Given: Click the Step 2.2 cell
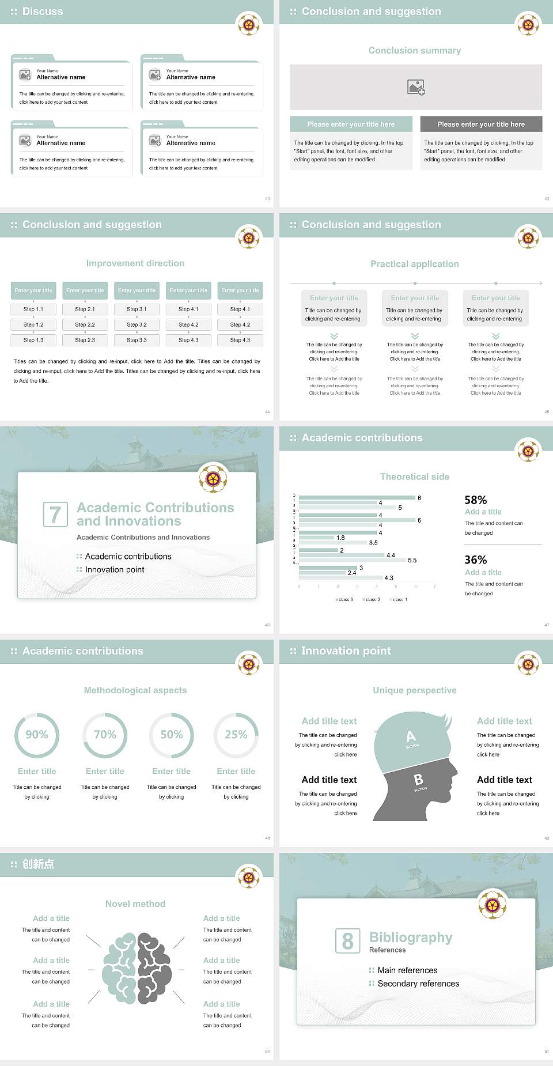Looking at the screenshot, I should click(x=85, y=325).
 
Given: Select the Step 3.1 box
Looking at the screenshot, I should click(x=137, y=309).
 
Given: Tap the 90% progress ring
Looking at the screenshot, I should click(x=37, y=735).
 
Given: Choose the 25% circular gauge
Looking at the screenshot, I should click(x=236, y=735).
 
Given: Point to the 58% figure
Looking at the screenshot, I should click(x=476, y=500).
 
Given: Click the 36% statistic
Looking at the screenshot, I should click(x=476, y=560).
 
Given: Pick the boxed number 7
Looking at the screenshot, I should click(x=55, y=515).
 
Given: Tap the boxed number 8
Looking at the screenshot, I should click(x=347, y=941).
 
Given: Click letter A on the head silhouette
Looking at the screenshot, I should click(x=411, y=736).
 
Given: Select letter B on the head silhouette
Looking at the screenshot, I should click(x=419, y=780).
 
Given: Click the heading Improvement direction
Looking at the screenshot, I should click(x=135, y=263).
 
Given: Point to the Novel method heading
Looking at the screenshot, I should click(x=135, y=904).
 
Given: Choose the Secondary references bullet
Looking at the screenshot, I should click(x=418, y=984).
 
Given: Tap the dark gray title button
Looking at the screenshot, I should click(x=481, y=124).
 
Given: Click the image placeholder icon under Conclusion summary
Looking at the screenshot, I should click(x=416, y=87).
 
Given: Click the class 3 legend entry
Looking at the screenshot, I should click(x=344, y=600).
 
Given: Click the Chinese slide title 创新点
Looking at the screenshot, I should click(x=38, y=864).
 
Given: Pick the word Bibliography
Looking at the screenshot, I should click(x=411, y=938).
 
